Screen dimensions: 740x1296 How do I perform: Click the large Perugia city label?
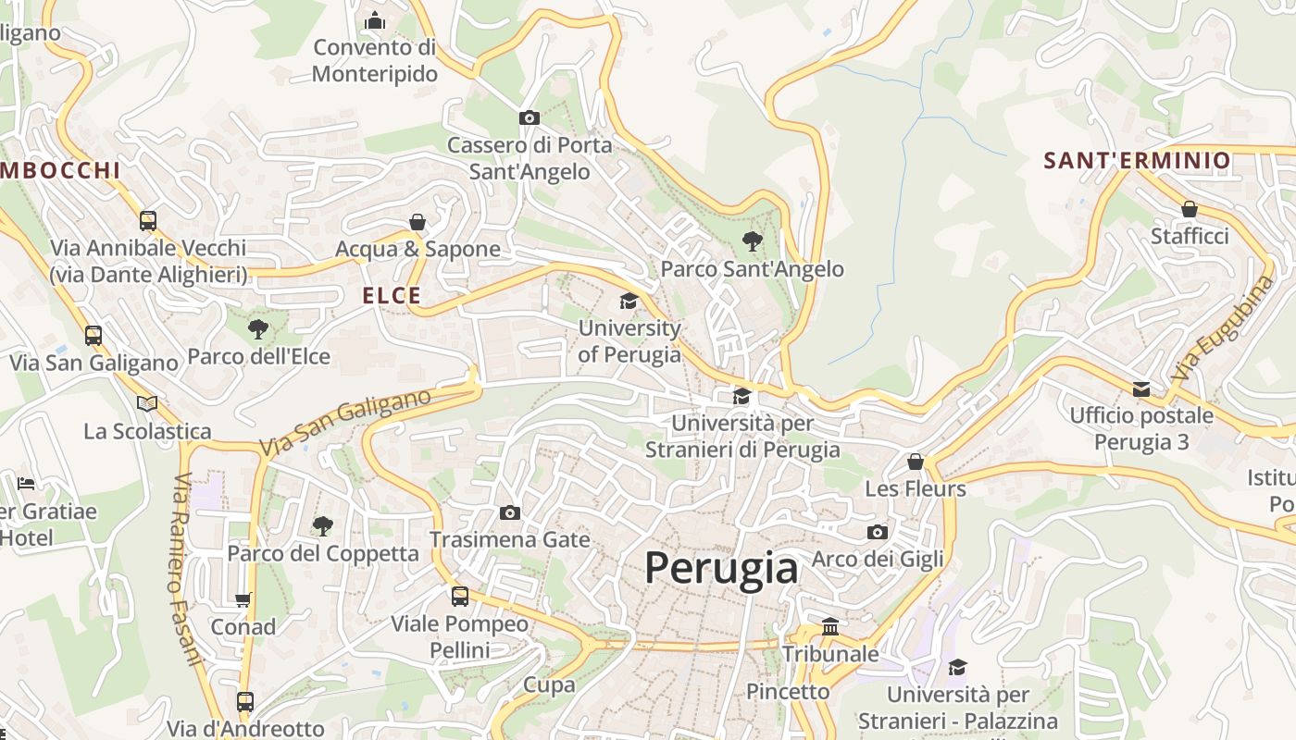(x=721, y=567)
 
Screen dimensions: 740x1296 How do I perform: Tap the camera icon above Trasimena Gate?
(x=509, y=512)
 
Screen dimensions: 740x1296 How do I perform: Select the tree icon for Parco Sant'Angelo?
(x=752, y=241)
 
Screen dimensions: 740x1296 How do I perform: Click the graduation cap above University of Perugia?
(x=629, y=301)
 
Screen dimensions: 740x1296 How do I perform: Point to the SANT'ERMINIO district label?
(x=1137, y=161)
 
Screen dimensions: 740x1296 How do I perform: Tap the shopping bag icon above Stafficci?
(x=1190, y=209)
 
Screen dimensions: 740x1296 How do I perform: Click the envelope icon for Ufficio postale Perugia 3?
(x=1141, y=388)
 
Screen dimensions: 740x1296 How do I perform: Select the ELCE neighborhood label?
(x=392, y=296)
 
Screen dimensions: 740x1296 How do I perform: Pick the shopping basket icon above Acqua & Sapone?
(x=417, y=222)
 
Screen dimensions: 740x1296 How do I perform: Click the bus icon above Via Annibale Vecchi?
(x=148, y=220)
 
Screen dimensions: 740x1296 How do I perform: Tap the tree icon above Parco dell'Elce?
(x=258, y=328)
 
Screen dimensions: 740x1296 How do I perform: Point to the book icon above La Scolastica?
(x=147, y=403)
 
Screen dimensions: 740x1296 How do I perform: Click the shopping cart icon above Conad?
(x=243, y=599)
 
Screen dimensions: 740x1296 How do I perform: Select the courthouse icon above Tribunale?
(x=830, y=626)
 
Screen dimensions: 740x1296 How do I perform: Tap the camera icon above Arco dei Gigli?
(x=877, y=532)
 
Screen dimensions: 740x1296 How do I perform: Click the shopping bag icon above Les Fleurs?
(x=916, y=461)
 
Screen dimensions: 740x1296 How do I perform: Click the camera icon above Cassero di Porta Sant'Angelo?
(x=530, y=117)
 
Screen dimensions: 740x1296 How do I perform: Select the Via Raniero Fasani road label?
(x=186, y=569)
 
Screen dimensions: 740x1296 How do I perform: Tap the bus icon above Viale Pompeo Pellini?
(x=460, y=597)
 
